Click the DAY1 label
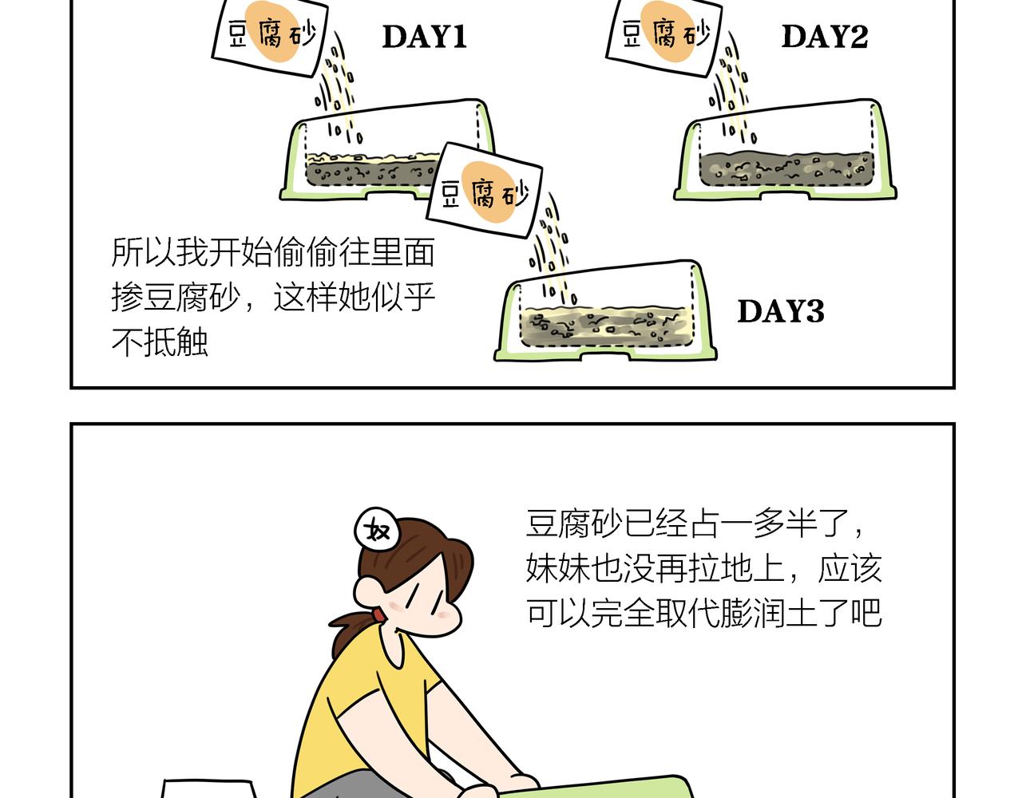pyautogui.click(x=424, y=37)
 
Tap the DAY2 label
pyautogui.click(x=825, y=37)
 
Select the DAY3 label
pyautogui.click(x=781, y=311)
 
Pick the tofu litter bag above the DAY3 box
pyautogui.click(x=485, y=191)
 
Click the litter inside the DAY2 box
pyautogui.click(x=786, y=168)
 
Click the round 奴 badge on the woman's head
pyautogui.click(x=377, y=529)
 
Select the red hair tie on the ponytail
pyautogui.click(x=378, y=614)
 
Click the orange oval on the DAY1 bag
pyautogui.click(x=273, y=31)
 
